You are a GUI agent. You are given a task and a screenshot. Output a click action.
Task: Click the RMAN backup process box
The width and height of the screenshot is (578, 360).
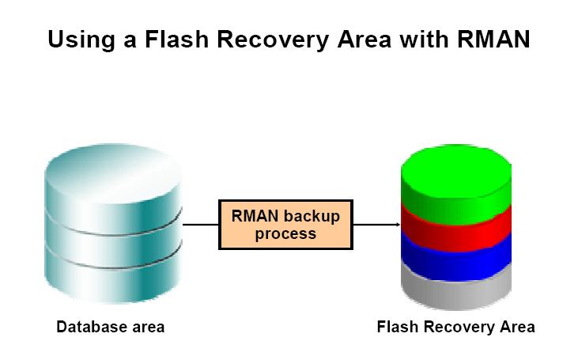pyautogui.click(x=285, y=225)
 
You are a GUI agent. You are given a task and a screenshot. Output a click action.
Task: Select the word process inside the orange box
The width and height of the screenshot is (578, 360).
pyautogui.click(x=285, y=234)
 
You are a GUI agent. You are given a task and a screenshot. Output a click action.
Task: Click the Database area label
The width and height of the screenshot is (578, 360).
pyautogui.click(x=110, y=327)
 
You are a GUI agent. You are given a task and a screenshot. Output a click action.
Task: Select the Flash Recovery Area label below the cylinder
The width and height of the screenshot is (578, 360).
pyautogui.click(x=455, y=327)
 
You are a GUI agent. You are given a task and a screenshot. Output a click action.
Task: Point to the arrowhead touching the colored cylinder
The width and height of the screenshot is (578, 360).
pyautogui.click(x=397, y=225)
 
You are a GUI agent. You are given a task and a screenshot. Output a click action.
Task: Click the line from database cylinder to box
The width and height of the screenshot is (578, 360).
pyautogui.click(x=201, y=225)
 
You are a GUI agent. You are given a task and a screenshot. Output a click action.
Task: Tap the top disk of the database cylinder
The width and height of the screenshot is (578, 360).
pyautogui.click(x=114, y=178)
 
